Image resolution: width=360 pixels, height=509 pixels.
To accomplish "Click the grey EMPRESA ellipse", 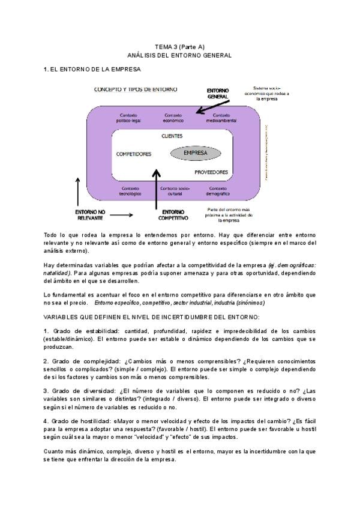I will coord(195,153).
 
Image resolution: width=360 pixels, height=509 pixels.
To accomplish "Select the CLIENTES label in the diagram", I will coord(172,136).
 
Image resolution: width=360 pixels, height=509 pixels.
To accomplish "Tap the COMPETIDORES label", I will coord(133,154).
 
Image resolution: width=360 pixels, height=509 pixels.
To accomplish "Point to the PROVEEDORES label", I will coord(211,172).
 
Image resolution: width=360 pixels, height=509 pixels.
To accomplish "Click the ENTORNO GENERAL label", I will coord(218,93).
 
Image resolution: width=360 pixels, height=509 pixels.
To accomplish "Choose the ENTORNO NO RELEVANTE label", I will coord(90,215).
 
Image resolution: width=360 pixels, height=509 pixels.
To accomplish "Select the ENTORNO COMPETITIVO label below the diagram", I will coord(173,215).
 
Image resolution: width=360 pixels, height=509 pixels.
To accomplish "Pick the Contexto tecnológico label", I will coord(130,191).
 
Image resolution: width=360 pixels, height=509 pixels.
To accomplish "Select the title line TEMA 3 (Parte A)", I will coord(180,46).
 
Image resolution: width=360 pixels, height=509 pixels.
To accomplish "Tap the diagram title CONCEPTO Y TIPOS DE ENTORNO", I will coord(136,89).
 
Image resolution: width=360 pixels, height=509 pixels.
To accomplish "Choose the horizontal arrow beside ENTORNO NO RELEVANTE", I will coord(122,214).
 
